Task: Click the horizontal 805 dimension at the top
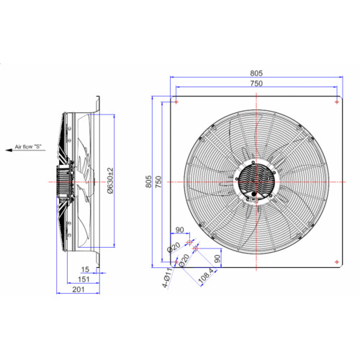[x=256, y=73]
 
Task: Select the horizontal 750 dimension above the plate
[x=256, y=84]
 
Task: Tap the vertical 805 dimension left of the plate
[x=148, y=181]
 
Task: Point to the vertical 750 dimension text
[x=158, y=181]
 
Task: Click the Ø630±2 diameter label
[x=110, y=181]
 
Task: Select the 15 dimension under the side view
[x=85, y=269]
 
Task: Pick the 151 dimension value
[x=84, y=279]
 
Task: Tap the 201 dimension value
[x=78, y=289]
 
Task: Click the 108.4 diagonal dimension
[x=206, y=275]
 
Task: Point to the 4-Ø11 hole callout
[x=167, y=278]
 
